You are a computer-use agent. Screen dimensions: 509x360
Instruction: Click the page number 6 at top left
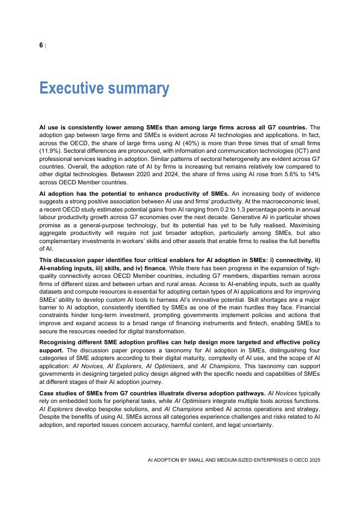41,45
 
